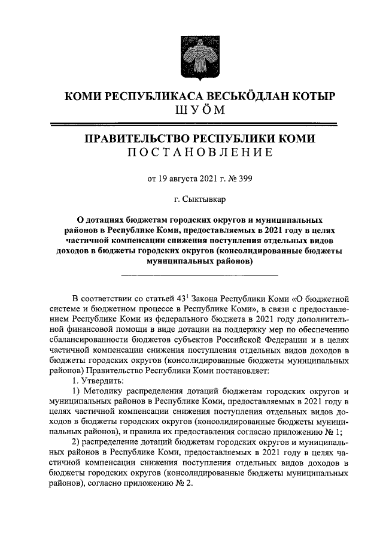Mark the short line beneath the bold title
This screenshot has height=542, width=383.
[x=199, y=275]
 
